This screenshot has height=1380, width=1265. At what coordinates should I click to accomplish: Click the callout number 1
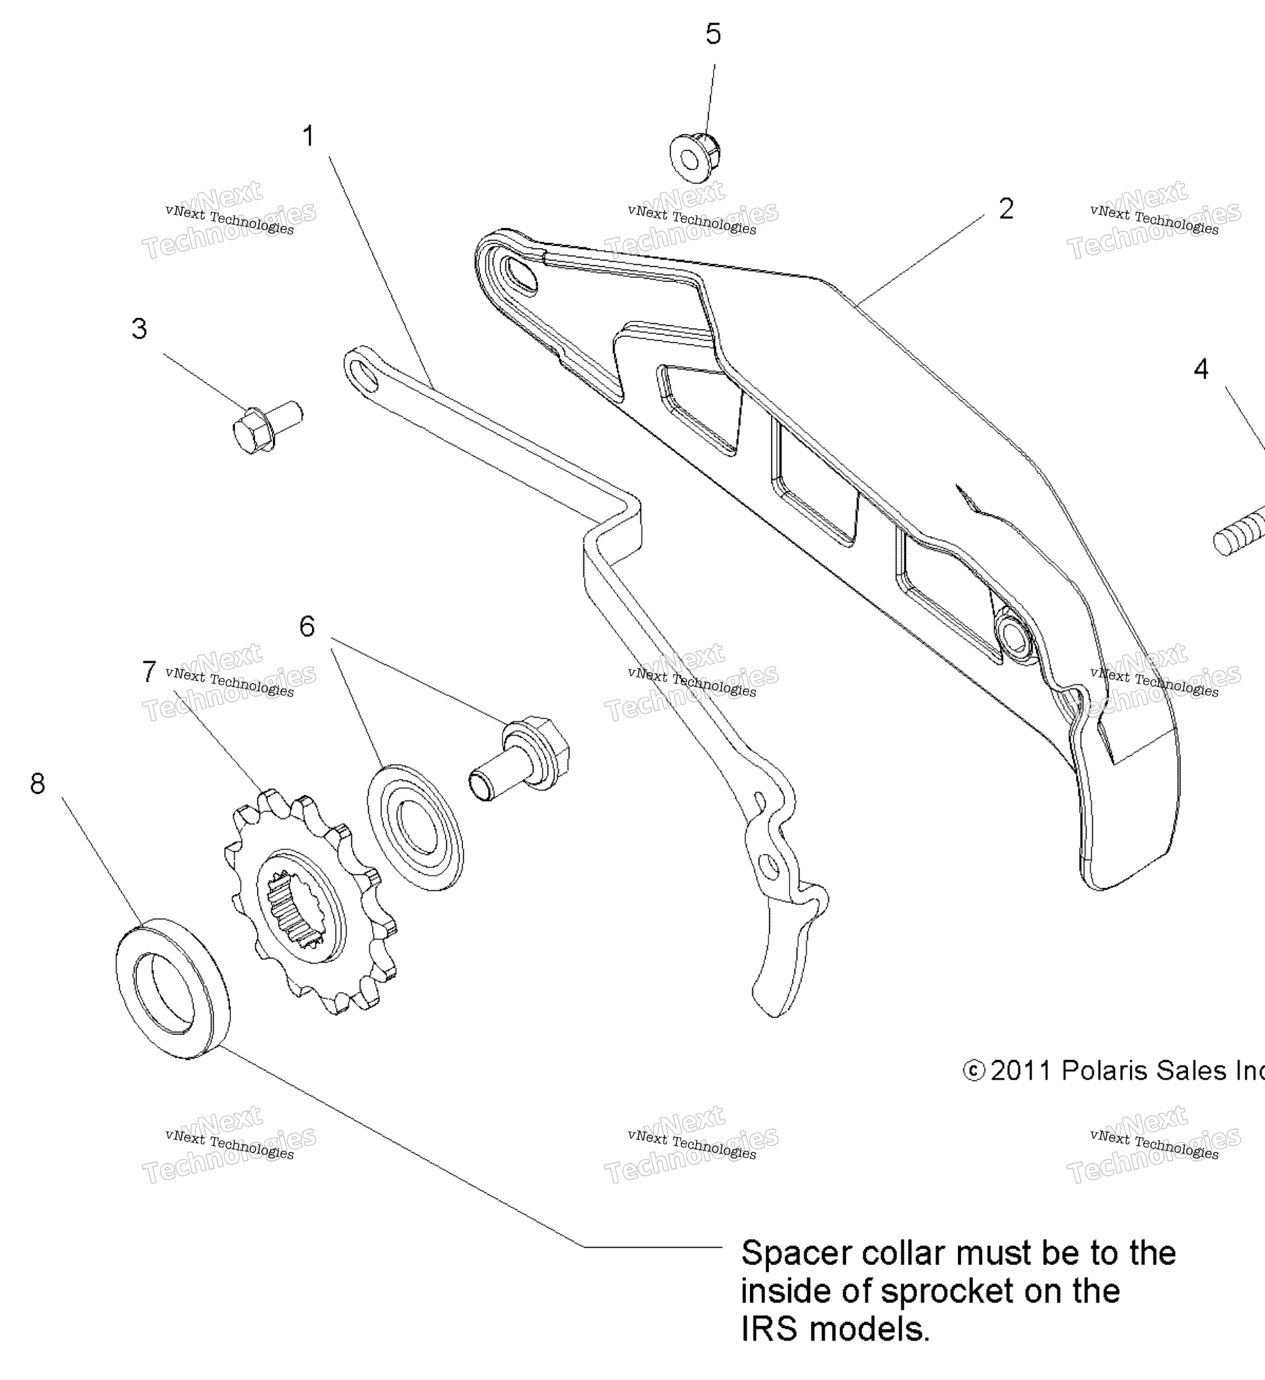pyautogui.click(x=309, y=136)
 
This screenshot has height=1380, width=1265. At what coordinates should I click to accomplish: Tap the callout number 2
pyautogui.click(x=1005, y=209)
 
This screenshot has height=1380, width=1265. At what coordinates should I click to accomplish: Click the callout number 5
pyautogui.click(x=713, y=34)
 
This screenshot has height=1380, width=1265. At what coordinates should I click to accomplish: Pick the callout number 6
pyautogui.click(x=307, y=626)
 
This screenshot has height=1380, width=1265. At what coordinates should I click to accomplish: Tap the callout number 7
pyautogui.click(x=149, y=672)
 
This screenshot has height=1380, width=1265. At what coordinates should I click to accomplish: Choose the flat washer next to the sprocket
pyautogui.click(x=416, y=827)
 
